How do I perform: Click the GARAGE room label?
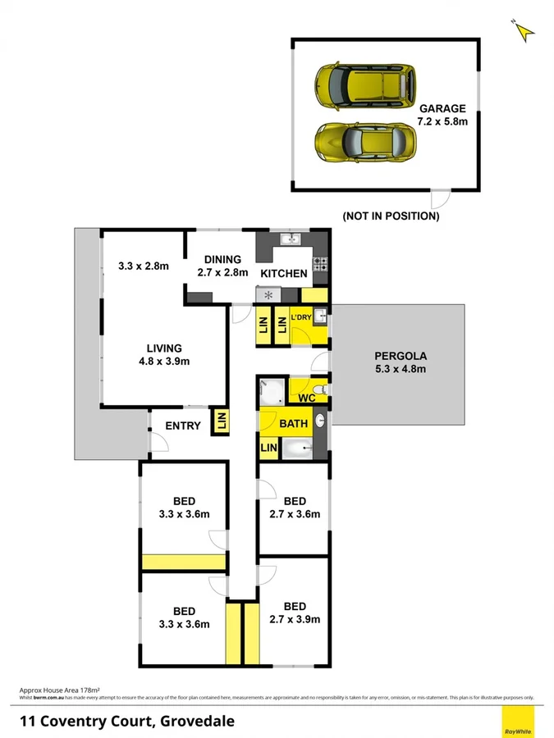click(442, 108)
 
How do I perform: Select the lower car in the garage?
click(365, 142)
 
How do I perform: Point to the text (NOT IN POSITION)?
click(391, 216)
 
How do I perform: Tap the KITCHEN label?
click(284, 273)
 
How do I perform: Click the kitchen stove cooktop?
click(320, 264)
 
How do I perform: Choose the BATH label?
click(293, 424)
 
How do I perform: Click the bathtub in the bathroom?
click(302, 449)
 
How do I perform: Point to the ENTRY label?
click(182, 426)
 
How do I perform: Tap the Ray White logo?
click(517, 722)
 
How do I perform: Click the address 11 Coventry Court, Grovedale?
click(127, 722)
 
